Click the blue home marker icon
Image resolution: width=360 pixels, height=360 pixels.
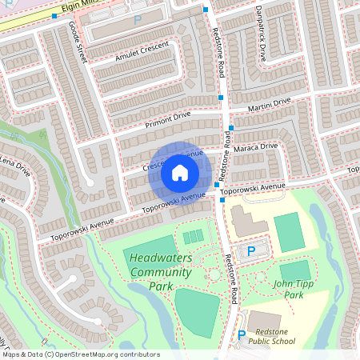pyautogui.click(x=180, y=173)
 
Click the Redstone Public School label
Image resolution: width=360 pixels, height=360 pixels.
pyautogui.click(x=271, y=336)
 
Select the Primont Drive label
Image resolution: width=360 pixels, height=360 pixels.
pyautogui.click(x=168, y=120)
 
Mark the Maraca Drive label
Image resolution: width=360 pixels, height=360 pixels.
pyautogui.click(x=257, y=148)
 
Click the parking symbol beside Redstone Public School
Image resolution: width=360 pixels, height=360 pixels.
pyautogui.click(x=242, y=336)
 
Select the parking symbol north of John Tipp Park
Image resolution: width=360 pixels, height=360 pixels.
pyautogui.click(x=251, y=251)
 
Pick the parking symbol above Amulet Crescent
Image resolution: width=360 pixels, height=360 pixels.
pyautogui.click(x=137, y=19)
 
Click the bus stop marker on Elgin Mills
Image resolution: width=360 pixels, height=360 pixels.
pyautogui.click(x=54, y=16)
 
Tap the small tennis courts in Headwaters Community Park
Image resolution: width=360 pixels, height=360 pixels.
pyautogui.click(x=193, y=237)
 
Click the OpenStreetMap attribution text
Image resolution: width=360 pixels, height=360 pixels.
pyautogui.click(x=80, y=354)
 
